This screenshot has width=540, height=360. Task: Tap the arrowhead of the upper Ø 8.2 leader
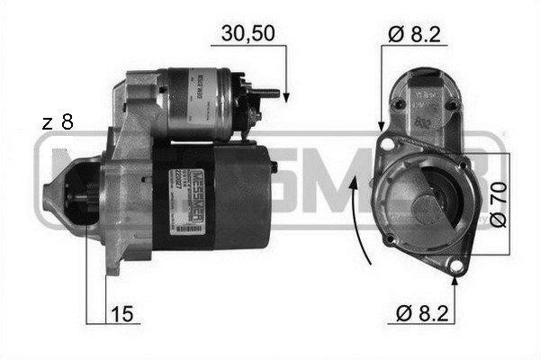[x=382, y=126]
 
